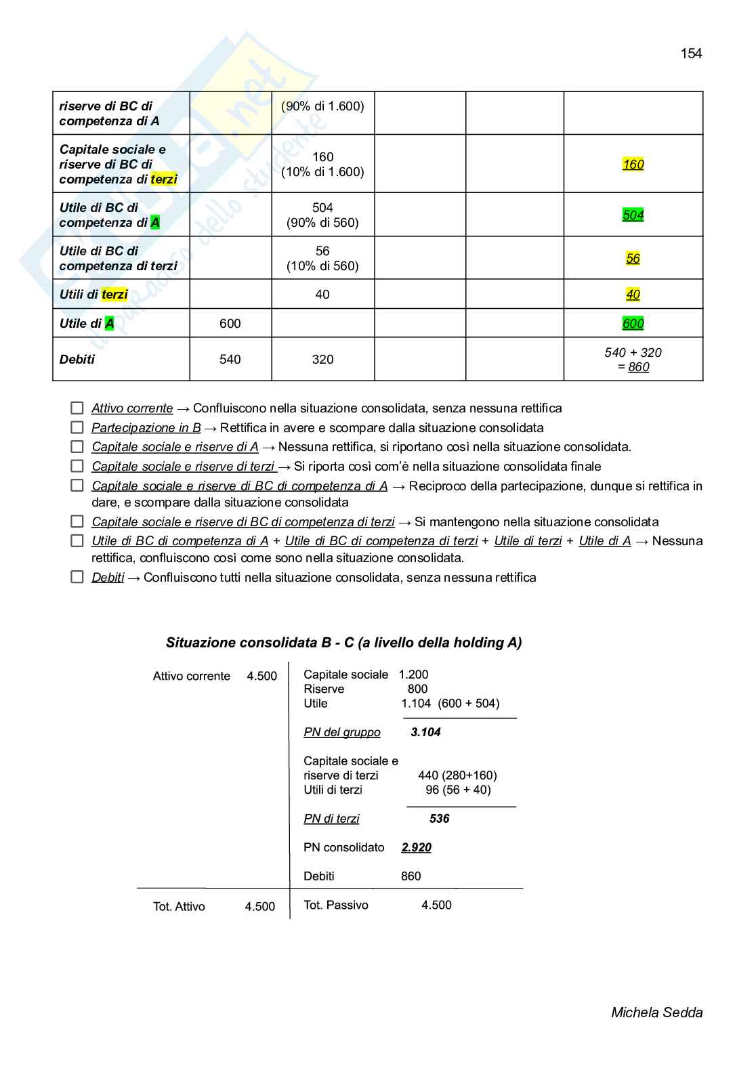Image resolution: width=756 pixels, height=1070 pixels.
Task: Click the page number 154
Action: coord(691,53)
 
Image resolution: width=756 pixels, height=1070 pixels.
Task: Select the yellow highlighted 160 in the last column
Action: coord(633,164)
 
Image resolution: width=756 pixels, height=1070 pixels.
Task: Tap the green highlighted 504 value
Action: coord(633,215)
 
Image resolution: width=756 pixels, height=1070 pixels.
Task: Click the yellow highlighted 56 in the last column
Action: coord(633,258)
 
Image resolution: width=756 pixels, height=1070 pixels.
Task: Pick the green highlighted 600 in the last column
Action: coord(633,324)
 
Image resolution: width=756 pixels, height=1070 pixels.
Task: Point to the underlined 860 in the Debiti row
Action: coord(638,367)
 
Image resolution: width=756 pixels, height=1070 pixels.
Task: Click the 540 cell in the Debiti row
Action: coord(230,360)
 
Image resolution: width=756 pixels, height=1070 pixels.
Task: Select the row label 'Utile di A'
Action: coord(87,324)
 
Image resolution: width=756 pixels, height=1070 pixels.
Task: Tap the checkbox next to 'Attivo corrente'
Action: coord(77,408)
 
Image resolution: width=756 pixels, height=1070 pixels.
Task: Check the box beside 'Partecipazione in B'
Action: coord(77,428)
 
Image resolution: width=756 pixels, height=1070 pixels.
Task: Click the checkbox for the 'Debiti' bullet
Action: coord(77,578)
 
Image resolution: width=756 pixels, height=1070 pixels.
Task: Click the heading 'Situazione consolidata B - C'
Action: coord(343,643)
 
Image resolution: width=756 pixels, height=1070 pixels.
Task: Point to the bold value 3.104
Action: coord(425,732)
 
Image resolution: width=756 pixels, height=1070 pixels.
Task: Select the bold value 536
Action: coord(439,819)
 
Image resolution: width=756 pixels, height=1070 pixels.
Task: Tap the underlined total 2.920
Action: coord(416,847)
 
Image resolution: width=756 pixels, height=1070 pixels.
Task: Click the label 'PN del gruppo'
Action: coord(342,732)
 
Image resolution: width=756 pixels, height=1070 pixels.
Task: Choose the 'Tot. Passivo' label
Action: coord(336,905)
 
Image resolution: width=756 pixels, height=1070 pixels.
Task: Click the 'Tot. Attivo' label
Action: coord(179,907)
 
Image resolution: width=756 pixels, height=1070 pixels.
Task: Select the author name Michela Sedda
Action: coord(656,1012)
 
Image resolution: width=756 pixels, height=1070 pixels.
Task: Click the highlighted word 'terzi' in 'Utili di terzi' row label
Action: coord(114,295)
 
